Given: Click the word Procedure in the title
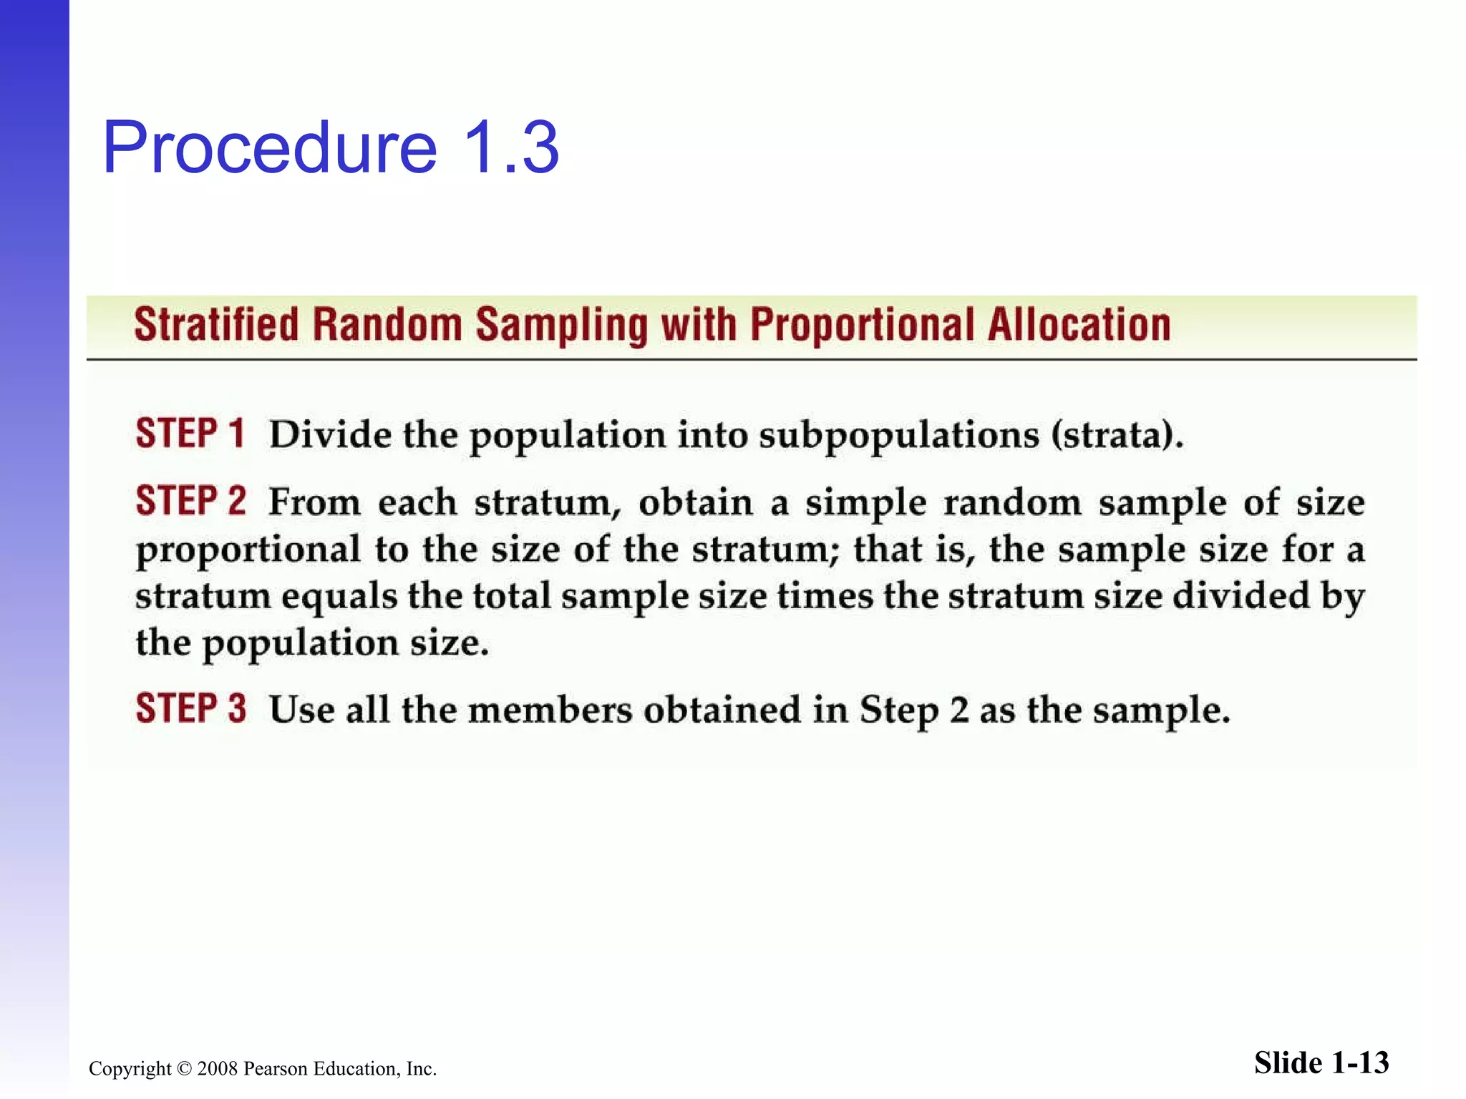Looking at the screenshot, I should point(269,148).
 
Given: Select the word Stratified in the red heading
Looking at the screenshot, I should point(216,325).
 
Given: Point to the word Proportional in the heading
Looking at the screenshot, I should point(862,326).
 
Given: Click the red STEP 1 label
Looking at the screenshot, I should point(190,434).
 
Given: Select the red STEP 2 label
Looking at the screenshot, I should point(190,501).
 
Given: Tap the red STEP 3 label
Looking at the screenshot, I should point(190,708).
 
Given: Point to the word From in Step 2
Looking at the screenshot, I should point(314,502).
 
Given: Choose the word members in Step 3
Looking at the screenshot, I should point(550,710).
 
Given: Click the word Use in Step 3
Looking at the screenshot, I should point(301,710).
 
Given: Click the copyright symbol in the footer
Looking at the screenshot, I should point(184,1069).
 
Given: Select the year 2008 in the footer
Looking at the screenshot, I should point(217,1069).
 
